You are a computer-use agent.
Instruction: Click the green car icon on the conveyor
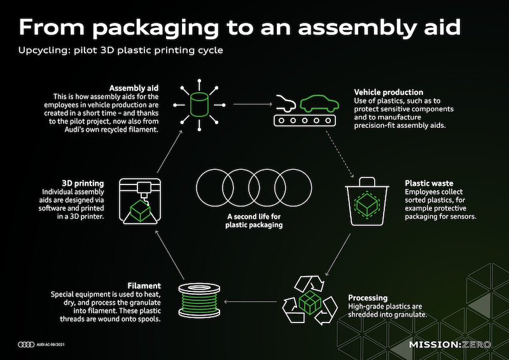click(319, 104)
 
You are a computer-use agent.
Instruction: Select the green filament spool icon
click(199, 301)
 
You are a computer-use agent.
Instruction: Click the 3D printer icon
click(140, 201)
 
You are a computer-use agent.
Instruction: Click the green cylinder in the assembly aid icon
click(199, 104)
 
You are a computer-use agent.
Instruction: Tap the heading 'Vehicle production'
click(389, 92)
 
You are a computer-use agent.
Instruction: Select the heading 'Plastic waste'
click(429, 183)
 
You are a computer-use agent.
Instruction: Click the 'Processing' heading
click(368, 298)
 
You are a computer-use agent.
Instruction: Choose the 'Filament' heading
click(144, 286)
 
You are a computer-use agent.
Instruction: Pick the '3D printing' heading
click(83, 183)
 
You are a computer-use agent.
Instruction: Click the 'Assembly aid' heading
click(134, 88)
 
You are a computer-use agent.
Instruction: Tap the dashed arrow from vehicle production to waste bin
click(340, 154)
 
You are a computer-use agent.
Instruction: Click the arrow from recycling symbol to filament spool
click(250, 301)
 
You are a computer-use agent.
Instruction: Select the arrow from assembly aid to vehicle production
click(253, 104)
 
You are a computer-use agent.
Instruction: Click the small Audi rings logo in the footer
click(26, 345)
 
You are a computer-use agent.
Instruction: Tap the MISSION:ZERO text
click(450, 345)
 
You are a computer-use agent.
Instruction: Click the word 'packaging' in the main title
click(155, 28)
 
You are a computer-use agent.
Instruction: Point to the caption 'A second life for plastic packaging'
click(254, 221)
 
